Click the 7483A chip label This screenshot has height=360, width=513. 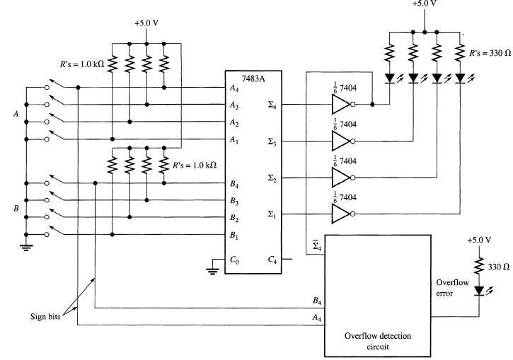click(253, 79)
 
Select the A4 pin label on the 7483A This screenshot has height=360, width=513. click(234, 88)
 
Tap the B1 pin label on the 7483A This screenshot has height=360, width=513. click(234, 235)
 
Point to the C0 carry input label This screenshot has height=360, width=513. click(234, 260)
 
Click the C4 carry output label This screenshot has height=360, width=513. click(272, 260)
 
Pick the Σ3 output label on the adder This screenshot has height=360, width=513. click(272, 142)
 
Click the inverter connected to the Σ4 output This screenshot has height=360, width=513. click(343, 104)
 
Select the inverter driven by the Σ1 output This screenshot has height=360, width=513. click(343, 214)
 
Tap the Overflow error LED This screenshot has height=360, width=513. click(479, 291)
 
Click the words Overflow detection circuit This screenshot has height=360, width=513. click(378, 341)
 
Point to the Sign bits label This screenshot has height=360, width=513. click(45, 317)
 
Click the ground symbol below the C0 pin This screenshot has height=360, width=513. click(212, 271)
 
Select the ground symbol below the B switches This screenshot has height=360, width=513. click(26, 248)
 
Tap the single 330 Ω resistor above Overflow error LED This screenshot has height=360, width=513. click(479, 266)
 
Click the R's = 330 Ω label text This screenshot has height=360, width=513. click(490, 53)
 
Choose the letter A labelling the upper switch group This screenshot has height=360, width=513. click(16, 114)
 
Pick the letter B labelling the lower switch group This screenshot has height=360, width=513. click(16, 208)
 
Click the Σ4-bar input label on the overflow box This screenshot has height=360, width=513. click(317, 245)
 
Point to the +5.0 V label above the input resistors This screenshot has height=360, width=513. click(146, 23)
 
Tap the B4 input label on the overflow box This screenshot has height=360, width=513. click(317, 301)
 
